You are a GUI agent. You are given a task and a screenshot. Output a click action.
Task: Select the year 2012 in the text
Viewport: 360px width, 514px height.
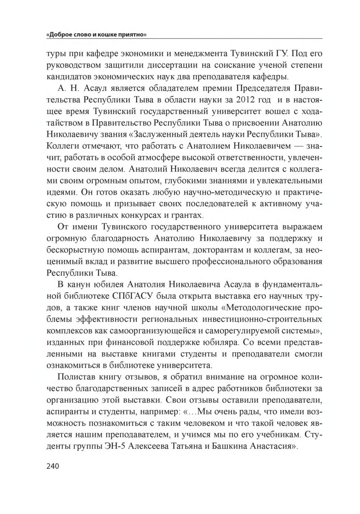point(236,100)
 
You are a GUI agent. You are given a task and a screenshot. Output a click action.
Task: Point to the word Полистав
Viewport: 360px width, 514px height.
point(76,377)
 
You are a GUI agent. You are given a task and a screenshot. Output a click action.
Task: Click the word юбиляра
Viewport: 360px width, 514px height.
point(221,343)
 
